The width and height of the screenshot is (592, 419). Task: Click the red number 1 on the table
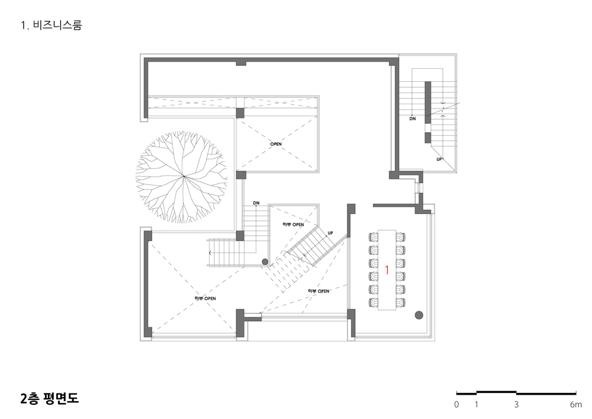(x=387, y=270)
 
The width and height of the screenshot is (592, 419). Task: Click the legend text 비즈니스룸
(x=57, y=25)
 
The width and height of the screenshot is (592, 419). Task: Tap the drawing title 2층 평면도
(x=50, y=399)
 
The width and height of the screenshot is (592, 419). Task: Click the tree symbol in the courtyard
(x=182, y=177)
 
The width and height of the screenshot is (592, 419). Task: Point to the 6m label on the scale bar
(x=576, y=405)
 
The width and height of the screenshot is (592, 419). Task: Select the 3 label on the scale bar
(x=516, y=405)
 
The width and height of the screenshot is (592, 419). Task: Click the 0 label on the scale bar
(x=457, y=405)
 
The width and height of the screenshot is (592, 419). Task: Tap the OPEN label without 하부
(x=276, y=144)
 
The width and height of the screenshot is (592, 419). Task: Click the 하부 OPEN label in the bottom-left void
(x=205, y=299)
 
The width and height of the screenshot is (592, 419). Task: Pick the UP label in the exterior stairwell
(x=439, y=159)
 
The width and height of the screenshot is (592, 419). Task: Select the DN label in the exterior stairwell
(x=413, y=119)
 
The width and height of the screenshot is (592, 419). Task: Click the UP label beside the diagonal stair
(x=330, y=233)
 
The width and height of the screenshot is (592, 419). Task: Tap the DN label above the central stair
(x=256, y=203)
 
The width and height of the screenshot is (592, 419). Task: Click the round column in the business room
(x=419, y=315)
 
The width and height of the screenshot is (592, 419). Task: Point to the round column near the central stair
(x=265, y=261)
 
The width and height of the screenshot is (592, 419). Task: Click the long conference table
(x=387, y=270)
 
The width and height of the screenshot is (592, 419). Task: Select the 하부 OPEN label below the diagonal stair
(x=318, y=292)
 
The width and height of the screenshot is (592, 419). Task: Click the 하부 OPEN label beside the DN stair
(x=294, y=225)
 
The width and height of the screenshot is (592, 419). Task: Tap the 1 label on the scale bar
(x=477, y=405)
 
